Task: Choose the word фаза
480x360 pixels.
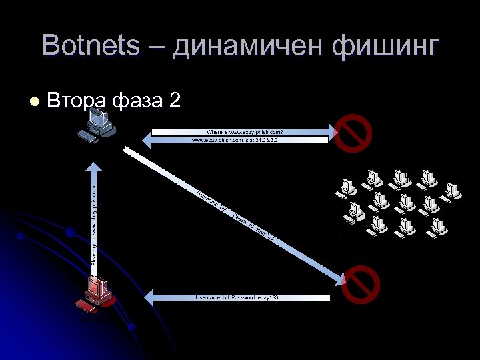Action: tap(137, 101)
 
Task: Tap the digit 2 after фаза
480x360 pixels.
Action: tap(175, 101)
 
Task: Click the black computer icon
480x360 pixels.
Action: tap(97, 123)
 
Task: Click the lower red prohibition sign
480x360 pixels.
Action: tap(360, 285)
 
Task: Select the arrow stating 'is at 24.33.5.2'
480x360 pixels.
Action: tap(240, 141)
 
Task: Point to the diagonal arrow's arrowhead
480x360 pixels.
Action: tap(337, 277)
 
